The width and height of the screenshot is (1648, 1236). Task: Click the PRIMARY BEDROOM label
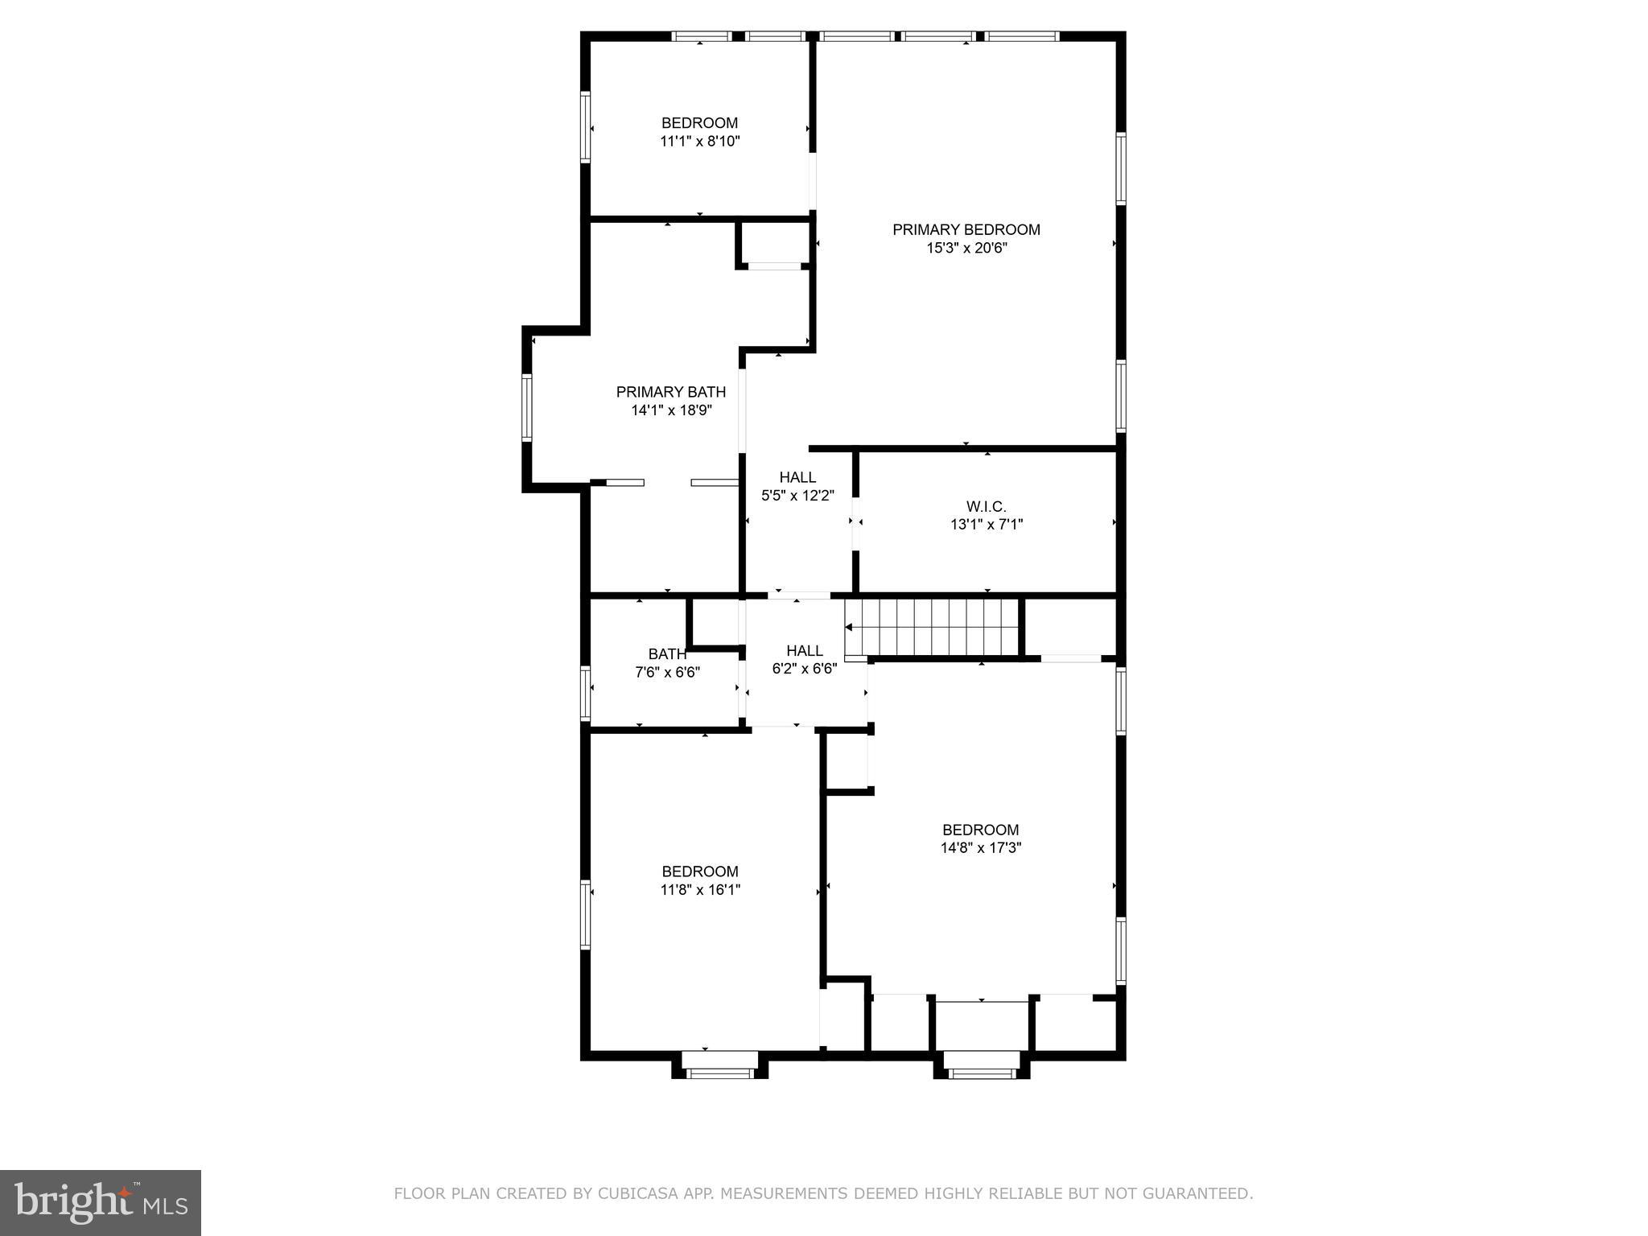click(966, 230)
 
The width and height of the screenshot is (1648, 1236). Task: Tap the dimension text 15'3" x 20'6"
click(966, 249)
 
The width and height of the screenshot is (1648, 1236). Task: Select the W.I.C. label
click(986, 507)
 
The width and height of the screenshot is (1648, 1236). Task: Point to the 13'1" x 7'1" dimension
click(986, 525)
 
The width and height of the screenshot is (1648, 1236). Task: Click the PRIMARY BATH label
click(670, 392)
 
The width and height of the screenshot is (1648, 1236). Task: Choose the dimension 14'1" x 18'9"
click(671, 410)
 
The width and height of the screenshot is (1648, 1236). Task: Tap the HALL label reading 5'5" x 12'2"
click(797, 478)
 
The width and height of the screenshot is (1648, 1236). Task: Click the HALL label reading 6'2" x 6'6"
click(805, 651)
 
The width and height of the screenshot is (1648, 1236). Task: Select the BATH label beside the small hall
click(667, 654)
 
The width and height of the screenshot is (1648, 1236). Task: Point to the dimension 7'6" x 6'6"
click(667, 673)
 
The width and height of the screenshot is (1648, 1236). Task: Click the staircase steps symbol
click(933, 627)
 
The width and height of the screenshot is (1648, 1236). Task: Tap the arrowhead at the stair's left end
click(848, 627)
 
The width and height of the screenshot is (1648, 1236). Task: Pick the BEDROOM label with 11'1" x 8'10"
click(699, 123)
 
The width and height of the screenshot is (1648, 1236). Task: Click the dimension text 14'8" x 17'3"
click(980, 847)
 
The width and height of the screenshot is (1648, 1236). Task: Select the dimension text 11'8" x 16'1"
click(700, 890)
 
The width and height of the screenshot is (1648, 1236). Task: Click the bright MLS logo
click(100, 1203)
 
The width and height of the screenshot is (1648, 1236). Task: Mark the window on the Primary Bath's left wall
click(527, 406)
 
